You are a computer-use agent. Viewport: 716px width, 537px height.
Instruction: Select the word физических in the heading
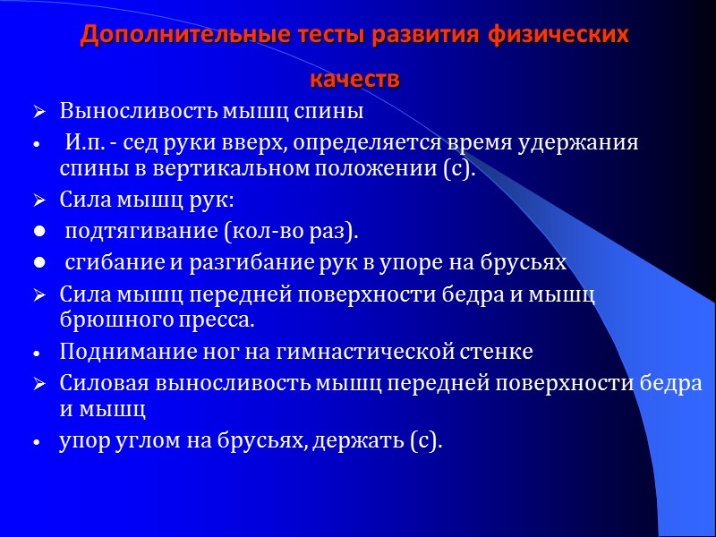pyautogui.click(x=559, y=36)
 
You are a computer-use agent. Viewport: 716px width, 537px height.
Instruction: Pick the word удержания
pyautogui.click(x=589, y=142)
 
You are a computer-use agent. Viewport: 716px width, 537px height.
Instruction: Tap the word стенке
pyautogui.click(x=496, y=353)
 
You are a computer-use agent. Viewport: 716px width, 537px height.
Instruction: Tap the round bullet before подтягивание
pyautogui.click(x=38, y=234)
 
